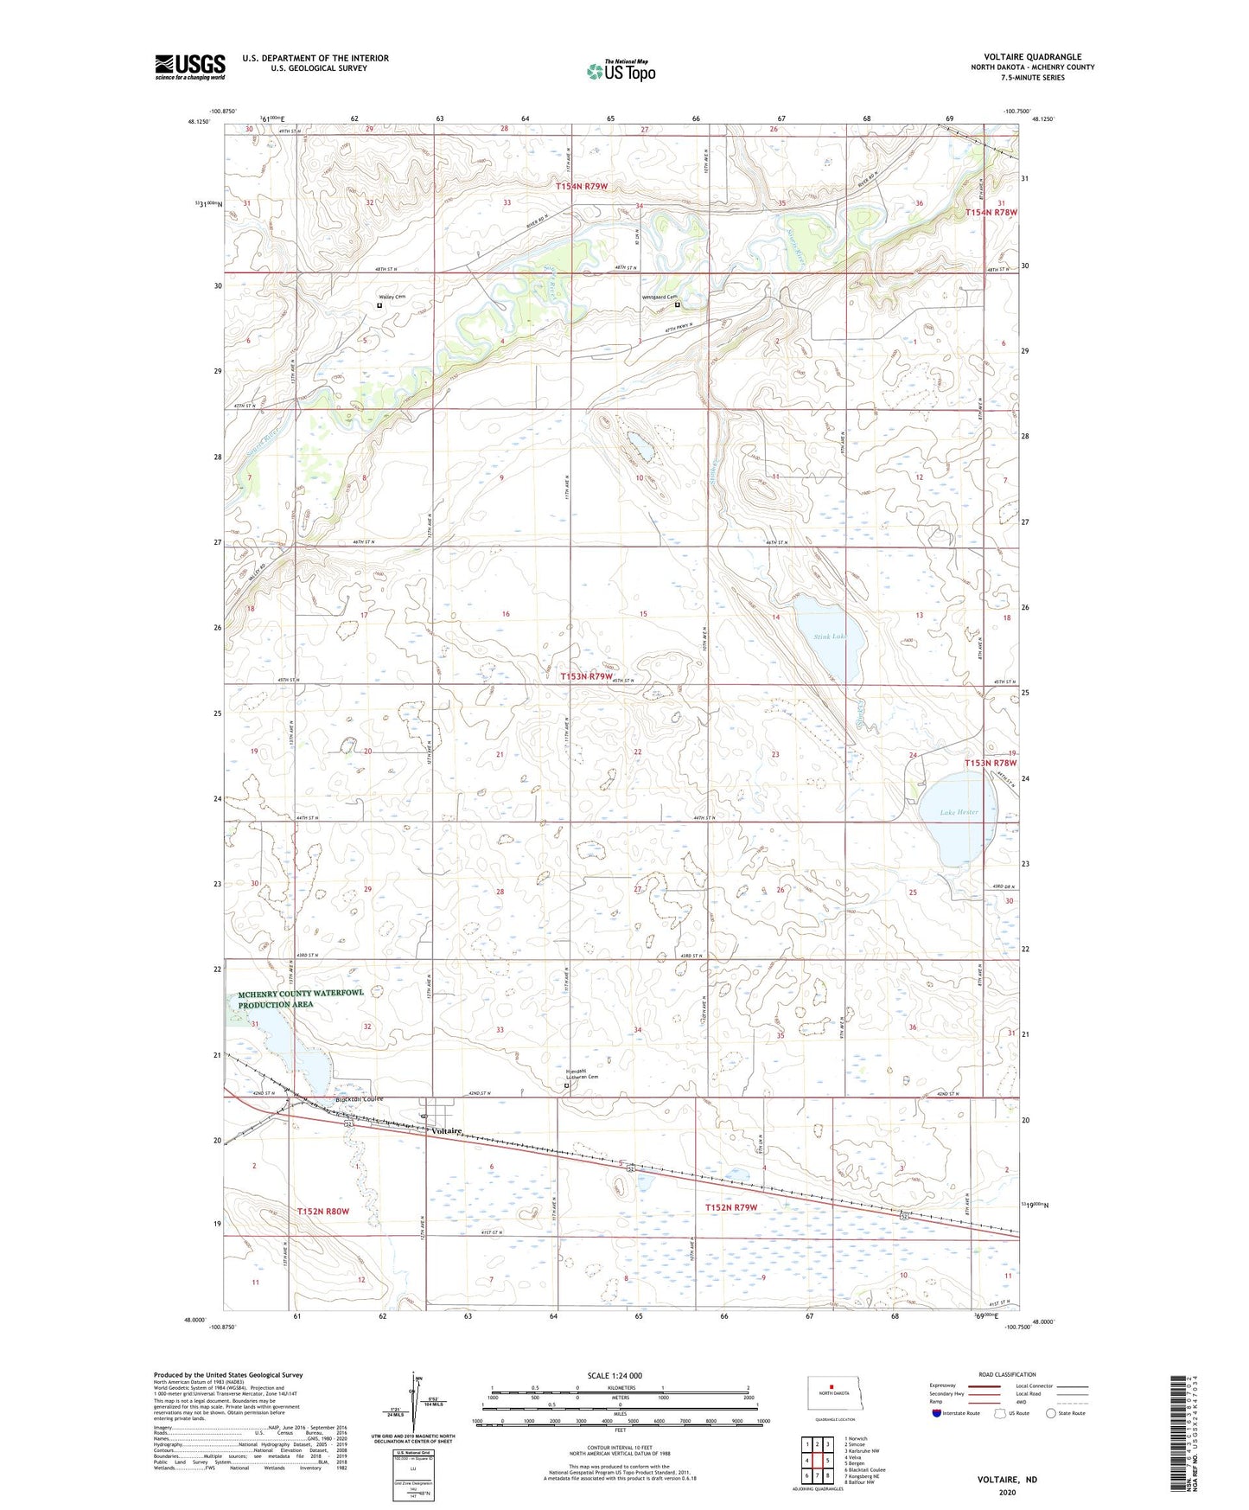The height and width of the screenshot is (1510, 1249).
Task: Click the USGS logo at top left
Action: coord(190,67)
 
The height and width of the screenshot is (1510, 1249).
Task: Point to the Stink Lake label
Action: coord(828,637)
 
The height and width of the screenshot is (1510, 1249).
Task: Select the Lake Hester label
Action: coord(959,812)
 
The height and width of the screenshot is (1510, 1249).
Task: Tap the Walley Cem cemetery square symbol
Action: coord(379,304)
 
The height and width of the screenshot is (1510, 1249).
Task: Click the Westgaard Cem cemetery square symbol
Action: coord(677,304)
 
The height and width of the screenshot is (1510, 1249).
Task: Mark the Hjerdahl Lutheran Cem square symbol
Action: coord(567,1085)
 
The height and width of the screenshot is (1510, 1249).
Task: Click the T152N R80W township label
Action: coord(322,1211)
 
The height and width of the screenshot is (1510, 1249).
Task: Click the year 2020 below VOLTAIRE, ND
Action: coord(1007,1493)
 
